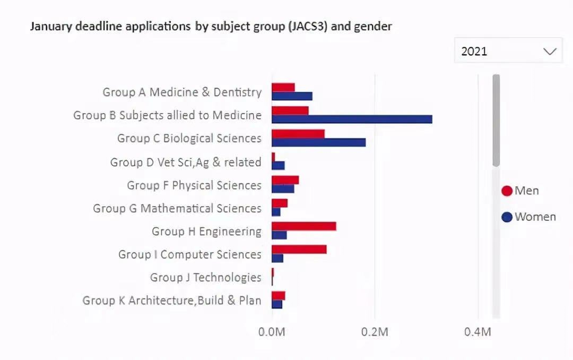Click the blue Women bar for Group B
352,119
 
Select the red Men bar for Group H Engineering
304,226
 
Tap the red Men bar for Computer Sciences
299,250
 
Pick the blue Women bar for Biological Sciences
318,142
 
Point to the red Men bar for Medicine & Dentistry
283,87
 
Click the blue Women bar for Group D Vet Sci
278,166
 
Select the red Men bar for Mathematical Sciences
280,203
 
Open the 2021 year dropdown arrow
550,52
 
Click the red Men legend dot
507,191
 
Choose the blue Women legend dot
507,217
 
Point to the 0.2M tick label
375,332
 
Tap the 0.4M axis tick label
477,332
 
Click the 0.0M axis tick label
272,332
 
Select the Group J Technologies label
206,278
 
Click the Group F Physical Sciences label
194,185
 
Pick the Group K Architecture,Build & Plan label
172,301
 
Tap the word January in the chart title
51,26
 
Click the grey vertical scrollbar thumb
496,119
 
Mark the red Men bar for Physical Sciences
285,180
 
